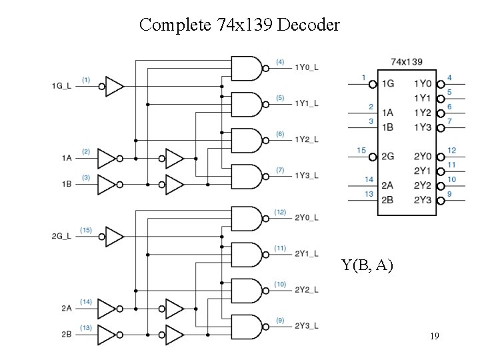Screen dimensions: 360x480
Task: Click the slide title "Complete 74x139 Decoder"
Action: coord(239,25)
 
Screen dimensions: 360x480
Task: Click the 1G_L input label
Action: coord(62,85)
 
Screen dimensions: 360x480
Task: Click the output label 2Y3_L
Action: coord(307,326)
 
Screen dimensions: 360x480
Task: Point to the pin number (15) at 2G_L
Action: coord(86,230)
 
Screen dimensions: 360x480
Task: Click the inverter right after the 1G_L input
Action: coord(115,85)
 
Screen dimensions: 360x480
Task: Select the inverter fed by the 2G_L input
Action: coord(115,236)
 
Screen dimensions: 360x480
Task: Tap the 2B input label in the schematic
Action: coord(66,333)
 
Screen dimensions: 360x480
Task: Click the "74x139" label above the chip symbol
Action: coord(406,62)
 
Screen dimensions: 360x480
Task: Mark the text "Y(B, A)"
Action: coord(367,265)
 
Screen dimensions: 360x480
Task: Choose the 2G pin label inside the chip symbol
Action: coord(387,157)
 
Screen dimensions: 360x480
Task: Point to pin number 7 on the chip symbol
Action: coord(450,121)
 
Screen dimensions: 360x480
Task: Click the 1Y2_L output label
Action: coord(307,139)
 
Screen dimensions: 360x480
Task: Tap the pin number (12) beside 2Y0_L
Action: coord(280,212)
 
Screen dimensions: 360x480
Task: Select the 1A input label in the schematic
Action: coord(66,158)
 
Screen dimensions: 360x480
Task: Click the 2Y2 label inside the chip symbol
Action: coord(422,185)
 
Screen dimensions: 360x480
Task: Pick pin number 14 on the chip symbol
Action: coord(369,179)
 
